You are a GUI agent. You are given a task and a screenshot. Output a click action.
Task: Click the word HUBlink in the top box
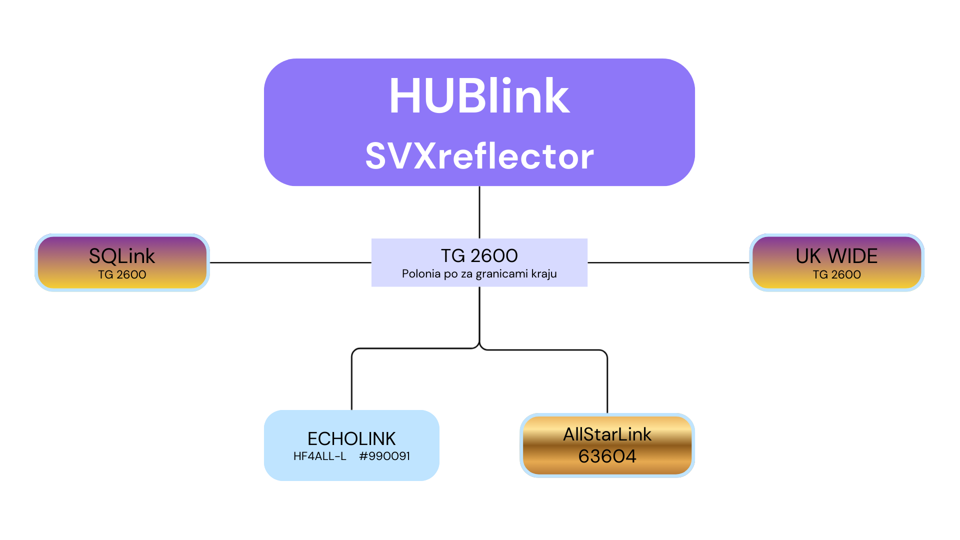479,96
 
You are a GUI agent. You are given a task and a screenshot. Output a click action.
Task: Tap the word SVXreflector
479,156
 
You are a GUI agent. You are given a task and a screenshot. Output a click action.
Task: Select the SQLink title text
122,256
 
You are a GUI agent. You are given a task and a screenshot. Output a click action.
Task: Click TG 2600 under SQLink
122,274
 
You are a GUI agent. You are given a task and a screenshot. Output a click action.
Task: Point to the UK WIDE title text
836,256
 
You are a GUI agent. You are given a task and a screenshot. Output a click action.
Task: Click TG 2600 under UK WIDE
836,274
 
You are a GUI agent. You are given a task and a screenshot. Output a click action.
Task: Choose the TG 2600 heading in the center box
479,255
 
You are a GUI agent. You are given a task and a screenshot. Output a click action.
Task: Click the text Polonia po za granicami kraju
479,274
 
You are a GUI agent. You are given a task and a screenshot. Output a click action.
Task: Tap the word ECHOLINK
351,438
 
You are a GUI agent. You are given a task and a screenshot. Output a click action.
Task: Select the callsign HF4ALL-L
319,456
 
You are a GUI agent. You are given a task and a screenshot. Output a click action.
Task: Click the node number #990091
384,456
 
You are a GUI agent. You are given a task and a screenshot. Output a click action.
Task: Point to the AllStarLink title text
607,434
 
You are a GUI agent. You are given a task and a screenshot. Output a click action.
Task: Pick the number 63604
607,456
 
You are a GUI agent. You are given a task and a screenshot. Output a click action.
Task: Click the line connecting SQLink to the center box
290,262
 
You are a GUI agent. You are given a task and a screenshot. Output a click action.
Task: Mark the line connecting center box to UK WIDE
668,262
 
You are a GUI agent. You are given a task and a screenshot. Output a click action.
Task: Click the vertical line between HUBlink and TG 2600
479,212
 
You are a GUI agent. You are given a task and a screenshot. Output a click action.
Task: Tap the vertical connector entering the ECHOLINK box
352,380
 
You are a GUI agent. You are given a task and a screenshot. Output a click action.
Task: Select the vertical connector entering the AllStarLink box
607,382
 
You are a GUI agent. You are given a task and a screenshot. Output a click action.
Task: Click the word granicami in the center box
501,274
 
